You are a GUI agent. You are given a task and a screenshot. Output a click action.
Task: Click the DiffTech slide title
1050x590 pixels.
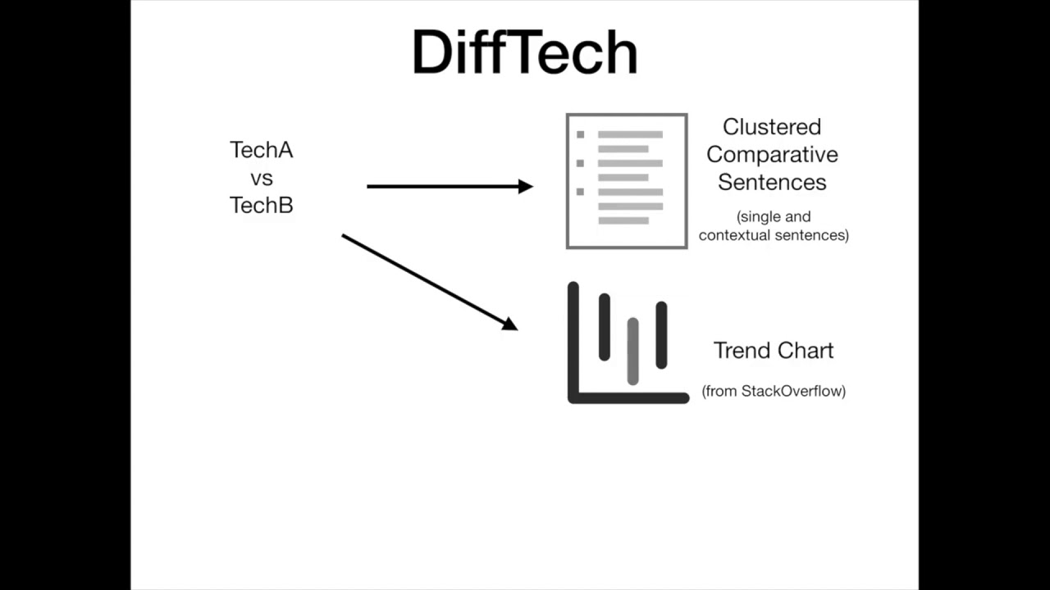[x=525, y=53]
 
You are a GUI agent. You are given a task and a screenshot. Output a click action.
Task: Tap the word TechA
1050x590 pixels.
[x=261, y=151]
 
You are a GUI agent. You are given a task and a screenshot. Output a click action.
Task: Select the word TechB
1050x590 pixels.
[x=261, y=205]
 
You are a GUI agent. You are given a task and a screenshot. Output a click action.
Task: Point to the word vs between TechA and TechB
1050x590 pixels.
[x=261, y=178]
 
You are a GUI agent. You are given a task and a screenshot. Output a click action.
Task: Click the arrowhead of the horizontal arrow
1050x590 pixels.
[x=526, y=187]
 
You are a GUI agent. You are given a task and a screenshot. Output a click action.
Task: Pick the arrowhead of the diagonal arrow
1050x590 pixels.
[x=509, y=324]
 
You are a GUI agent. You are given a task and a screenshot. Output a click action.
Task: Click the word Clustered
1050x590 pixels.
[x=771, y=127]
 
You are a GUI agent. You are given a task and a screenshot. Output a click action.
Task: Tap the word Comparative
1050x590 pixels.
[x=772, y=155]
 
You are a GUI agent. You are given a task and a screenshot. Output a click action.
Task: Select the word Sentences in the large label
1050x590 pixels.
[x=772, y=182]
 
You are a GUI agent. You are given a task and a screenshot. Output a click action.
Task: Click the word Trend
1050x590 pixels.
[x=742, y=351]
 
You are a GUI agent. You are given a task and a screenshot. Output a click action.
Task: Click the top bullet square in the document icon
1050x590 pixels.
[x=581, y=134]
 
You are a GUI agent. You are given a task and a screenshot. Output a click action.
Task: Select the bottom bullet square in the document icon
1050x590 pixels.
[x=581, y=192]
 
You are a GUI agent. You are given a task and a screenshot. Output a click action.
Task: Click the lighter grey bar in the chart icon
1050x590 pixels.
[x=632, y=351]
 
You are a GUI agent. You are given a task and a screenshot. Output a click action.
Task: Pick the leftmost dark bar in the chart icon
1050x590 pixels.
[x=605, y=327]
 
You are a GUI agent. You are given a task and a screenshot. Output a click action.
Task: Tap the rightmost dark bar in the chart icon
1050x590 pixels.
[x=661, y=335]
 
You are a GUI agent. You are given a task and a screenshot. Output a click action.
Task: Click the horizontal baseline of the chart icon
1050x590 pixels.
[x=628, y=398]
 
